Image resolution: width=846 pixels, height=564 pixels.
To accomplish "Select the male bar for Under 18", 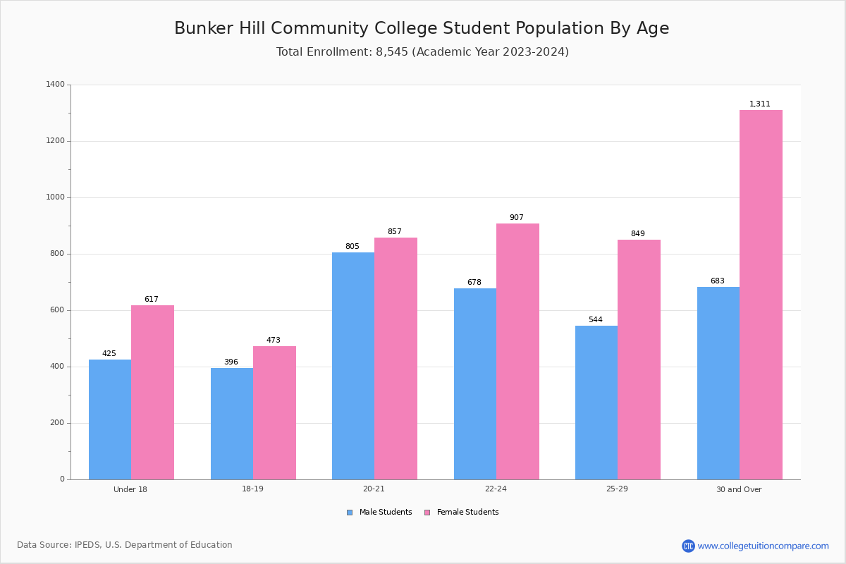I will point(110,419).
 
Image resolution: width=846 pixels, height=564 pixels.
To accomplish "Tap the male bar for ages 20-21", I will point(353,366).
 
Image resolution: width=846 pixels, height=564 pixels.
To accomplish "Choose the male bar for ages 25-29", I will point(596,403).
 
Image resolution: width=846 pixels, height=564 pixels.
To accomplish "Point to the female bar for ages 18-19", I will point(274,412).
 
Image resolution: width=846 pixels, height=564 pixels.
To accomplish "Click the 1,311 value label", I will point(760,104).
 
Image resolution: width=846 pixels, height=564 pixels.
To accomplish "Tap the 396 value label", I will point(231,362).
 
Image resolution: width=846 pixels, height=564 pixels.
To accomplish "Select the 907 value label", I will point(517,218).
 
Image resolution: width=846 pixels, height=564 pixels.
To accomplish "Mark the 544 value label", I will point(596,320).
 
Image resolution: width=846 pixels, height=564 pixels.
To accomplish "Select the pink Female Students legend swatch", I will point(427,513).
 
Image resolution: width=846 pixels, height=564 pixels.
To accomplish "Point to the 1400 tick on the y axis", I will point(55,85).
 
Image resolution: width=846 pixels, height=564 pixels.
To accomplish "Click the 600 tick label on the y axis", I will point(57,310).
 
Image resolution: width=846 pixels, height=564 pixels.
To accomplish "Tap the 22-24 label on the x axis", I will point(496,489).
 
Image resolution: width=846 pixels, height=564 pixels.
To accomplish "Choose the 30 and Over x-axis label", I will point(739,489).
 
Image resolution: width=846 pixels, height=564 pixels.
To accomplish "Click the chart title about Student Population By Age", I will point(422,29).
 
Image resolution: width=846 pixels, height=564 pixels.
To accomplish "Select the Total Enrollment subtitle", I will point(422,52).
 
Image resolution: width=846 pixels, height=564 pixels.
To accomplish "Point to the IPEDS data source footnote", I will point(125,545).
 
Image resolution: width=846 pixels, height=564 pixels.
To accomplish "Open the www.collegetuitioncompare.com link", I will point(763,546).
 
